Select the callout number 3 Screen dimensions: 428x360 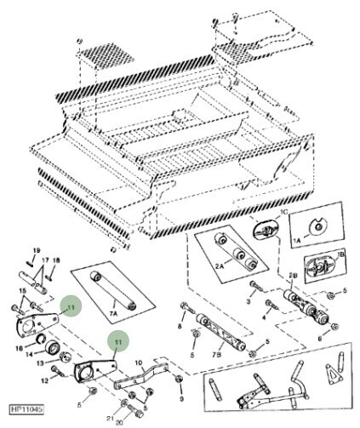249,303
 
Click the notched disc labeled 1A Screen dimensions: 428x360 316,225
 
